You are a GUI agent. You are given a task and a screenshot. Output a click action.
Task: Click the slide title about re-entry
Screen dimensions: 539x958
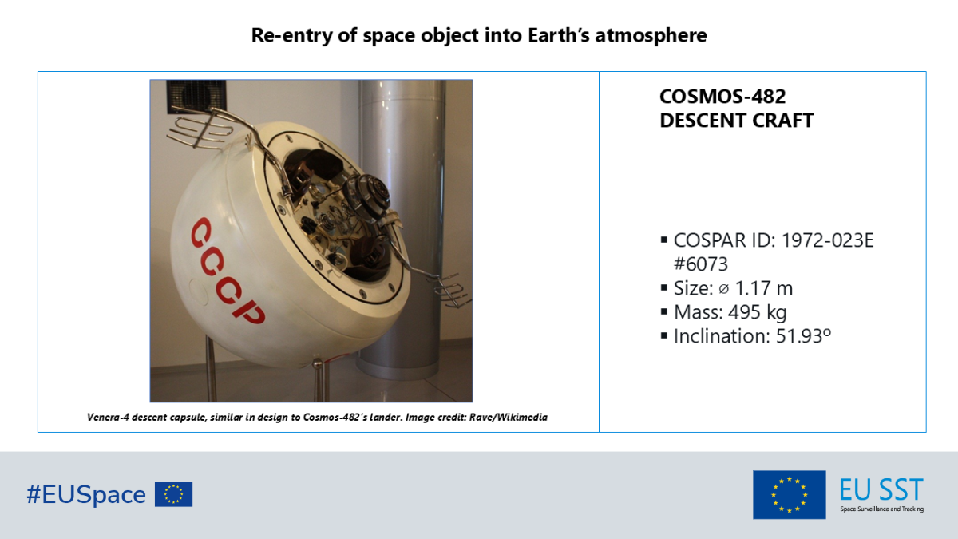[x=479, y=35]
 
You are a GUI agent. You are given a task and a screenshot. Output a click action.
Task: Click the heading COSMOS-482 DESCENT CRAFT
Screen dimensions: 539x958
[x=736, y=109]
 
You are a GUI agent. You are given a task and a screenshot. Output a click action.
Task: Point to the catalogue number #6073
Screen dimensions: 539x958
[x=701, y=264]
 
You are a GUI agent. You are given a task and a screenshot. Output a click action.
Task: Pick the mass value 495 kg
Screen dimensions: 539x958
[x=758, y=312]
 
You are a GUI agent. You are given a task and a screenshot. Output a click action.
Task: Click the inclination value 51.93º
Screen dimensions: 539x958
[x=803, y=336]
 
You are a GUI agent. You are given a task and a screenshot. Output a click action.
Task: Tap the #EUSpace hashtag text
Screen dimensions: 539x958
[x=86, y=495]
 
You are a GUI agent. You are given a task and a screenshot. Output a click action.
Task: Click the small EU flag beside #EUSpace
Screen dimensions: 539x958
[x=173, y=494]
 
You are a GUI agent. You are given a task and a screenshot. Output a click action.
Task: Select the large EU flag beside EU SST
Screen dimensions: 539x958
[x=789, y=494]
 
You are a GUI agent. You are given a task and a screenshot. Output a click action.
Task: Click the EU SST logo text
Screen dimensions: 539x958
[x=881, y=489]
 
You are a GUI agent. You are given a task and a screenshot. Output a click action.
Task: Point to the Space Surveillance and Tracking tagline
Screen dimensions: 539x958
[x=881, y=509]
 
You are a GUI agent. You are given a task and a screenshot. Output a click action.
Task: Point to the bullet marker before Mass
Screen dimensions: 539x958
[x=663, y=312]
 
